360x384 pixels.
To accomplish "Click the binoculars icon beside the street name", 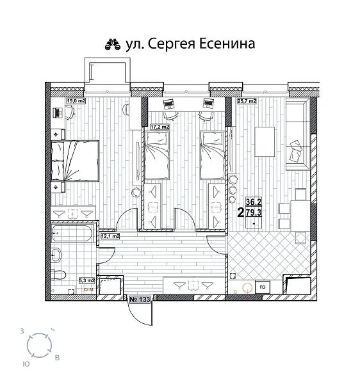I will pos(113,44).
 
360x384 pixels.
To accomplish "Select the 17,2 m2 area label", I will pos(160,127).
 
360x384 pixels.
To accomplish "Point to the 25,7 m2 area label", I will pos(247,100).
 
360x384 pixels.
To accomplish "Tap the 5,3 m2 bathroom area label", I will pos(86,280).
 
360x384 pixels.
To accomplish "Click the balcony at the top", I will pos(105,73).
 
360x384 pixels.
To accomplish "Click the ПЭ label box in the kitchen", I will pos(262,287).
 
